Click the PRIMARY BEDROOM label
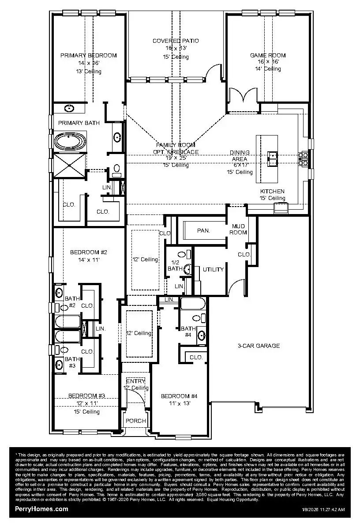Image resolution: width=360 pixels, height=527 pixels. [x=88, y=56]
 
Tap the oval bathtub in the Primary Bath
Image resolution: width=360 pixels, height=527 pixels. [x=70, y=141]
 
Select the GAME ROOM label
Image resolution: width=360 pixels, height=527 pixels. [x=268, y=56]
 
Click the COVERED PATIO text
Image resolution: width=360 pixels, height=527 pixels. [x=176, y=41]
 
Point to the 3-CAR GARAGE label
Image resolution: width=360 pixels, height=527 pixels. [x=259, y=346]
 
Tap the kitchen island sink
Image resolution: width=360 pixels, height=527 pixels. [x=273, y=155]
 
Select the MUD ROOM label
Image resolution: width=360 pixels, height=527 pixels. [x=238, y=230]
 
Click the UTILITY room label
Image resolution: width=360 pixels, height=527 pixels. [x=213, y=270]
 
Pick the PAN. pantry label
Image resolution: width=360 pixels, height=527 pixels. [x=203, y=230]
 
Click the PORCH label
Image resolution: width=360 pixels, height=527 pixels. [x=136, y=421]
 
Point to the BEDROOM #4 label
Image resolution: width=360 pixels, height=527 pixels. [x=179, y=396]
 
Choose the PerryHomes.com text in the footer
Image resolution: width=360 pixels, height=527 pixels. [x=42, y=509]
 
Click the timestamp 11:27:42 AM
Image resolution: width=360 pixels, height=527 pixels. [x=329, y=510]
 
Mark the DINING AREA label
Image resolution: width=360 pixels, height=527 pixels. [x=240, y=155]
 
